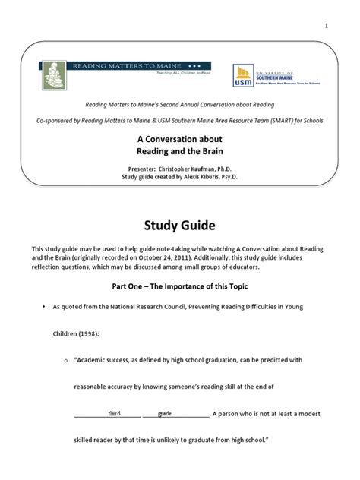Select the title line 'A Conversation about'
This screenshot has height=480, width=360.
coord(180,139)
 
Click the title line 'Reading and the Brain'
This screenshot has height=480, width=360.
coord(180,152)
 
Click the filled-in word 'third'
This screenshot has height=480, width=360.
coord(114,414)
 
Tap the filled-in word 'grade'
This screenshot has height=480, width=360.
coord(164,414)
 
